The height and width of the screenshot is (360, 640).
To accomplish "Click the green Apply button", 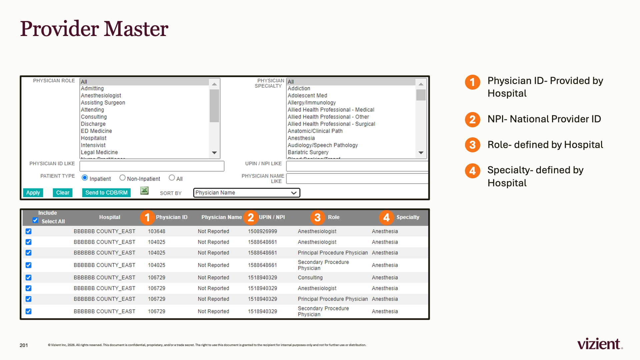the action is click(x=33, y=193).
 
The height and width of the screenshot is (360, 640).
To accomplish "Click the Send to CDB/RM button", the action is click(x=106, y=193).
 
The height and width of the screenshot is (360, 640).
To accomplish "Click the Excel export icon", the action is click(x=144, y=190).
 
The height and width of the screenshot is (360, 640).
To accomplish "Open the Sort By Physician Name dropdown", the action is click(x=247, y=193).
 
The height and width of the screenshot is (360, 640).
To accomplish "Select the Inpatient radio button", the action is click(x=85, y=178).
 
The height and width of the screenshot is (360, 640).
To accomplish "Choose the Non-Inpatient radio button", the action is click(x=122, y=178).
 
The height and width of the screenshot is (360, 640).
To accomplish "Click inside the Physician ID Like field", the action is click(x=152, y=166).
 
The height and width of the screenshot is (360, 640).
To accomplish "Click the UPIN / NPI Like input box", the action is click(x=357, y=166).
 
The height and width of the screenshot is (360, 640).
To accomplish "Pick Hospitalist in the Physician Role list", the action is click(x=94, y=138).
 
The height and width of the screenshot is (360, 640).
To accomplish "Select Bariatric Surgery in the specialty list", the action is click(x=308, y=152).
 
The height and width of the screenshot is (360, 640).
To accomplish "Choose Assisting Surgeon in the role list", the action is click(x=103, y=103).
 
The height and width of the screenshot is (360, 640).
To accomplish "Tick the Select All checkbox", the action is click(x=35, y=220).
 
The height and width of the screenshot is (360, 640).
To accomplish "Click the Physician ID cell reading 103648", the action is click(x=157, y=231).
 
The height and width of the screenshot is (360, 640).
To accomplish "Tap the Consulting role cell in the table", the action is click(x=310, y=278).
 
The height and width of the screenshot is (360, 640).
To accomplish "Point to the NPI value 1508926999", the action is click(x=262, y=231).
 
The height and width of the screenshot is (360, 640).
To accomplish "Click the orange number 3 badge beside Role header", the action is click(x=318, y=218).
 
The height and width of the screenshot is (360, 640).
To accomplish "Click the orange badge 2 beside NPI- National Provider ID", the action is click(x=473, y=120).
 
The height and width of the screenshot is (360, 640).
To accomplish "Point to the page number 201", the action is click(x=24, y=345).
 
